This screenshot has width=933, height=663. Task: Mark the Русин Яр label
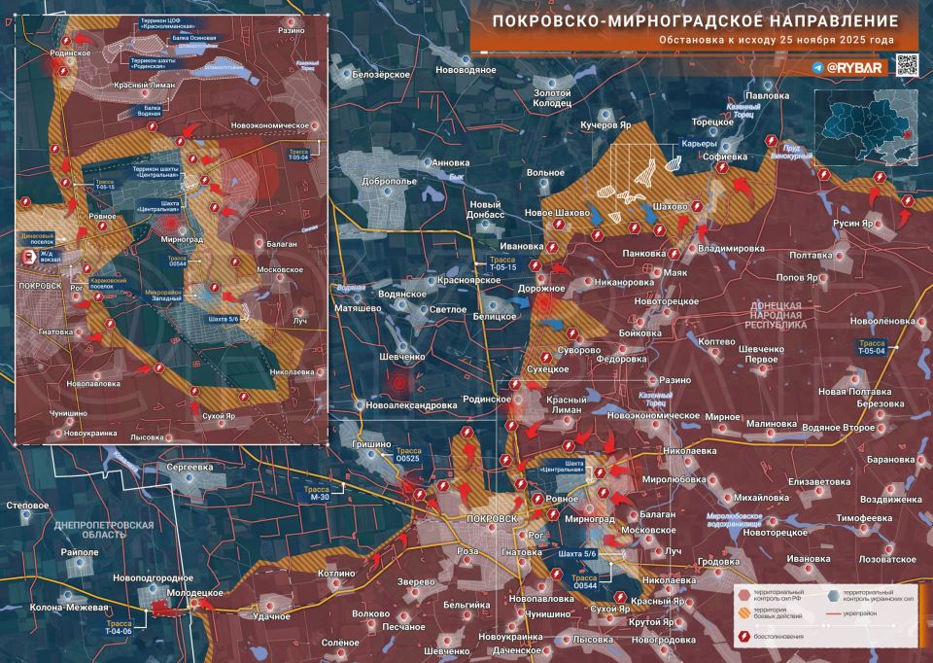pos(856,224)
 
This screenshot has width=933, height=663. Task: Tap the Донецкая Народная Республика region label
pos(775,317)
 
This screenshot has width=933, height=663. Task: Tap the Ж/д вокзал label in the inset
pos(50,257)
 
